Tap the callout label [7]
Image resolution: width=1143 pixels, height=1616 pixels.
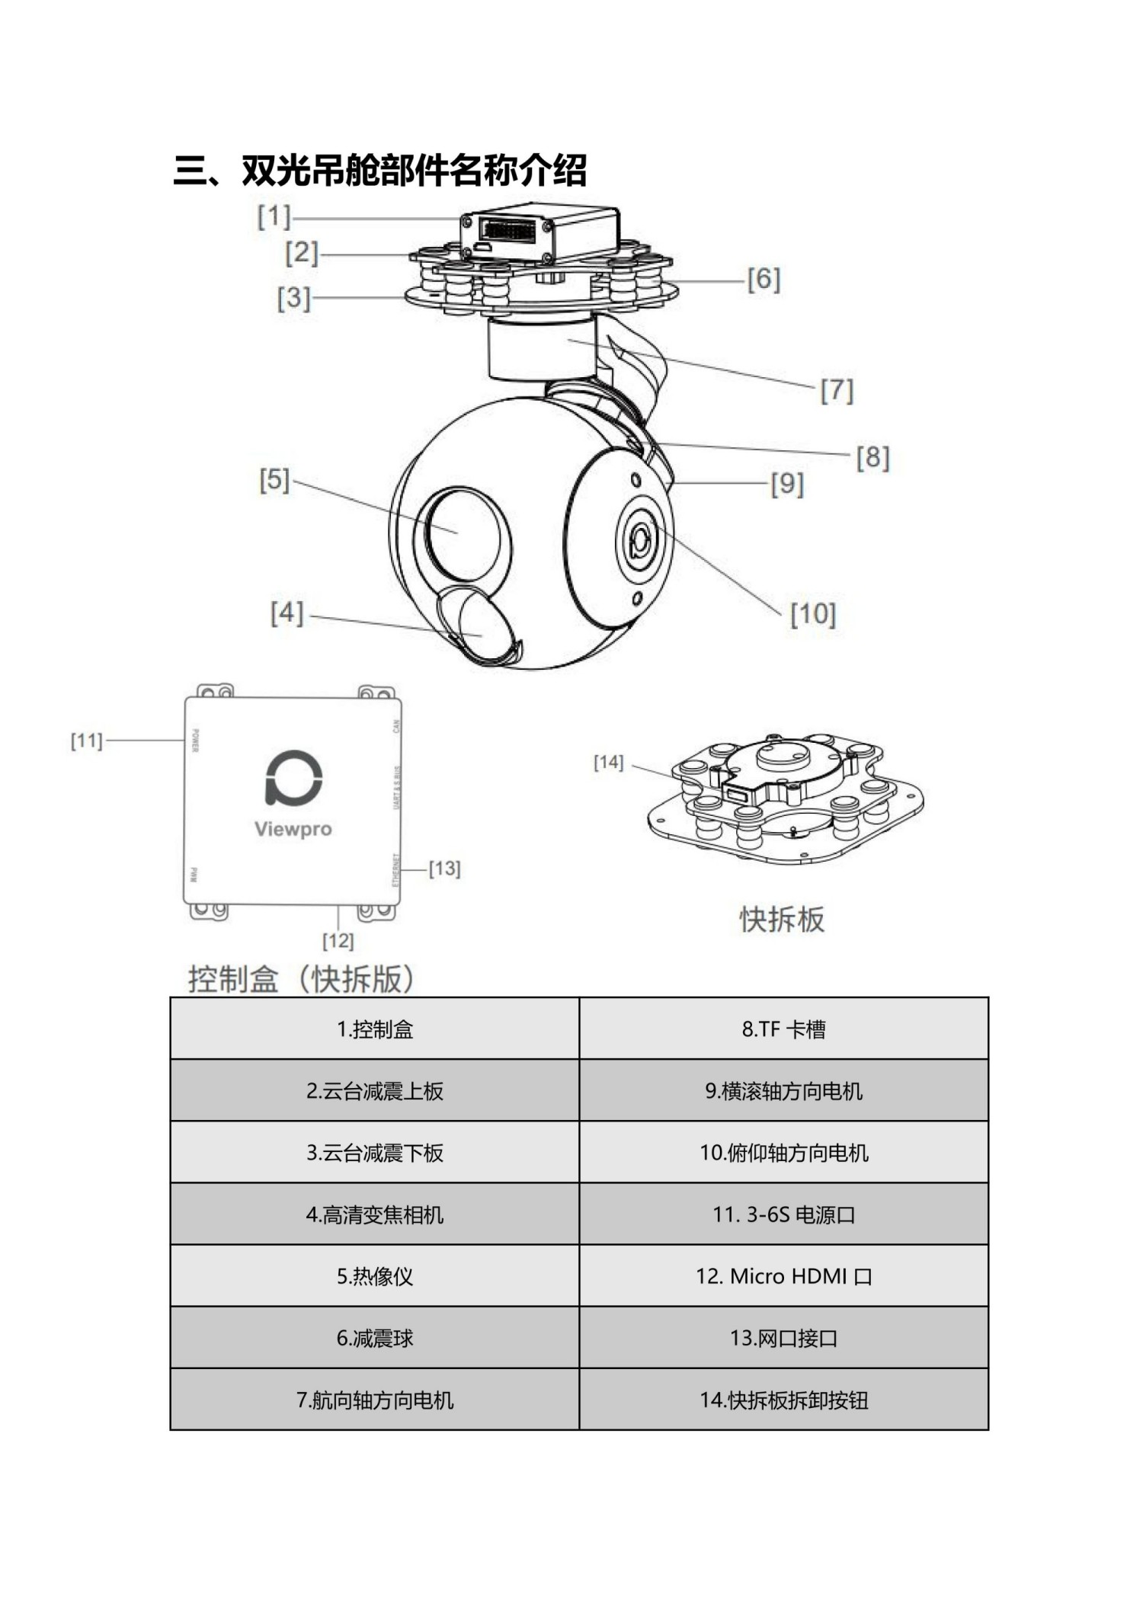[x=837, y=390]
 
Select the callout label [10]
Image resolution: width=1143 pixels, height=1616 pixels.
[x=812, y=613]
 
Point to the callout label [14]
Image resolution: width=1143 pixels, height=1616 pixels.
[x=608, y=762]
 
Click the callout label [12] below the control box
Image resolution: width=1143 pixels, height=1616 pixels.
[x=338, y=940]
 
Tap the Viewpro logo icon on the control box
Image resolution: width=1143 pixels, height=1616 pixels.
[x=293, y=778]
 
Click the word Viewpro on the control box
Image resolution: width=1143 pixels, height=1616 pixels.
[x=293, y=829]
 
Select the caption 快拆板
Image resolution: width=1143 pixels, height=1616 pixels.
[x=782, y=919]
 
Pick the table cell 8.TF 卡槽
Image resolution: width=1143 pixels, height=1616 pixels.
[x=783, y=1029]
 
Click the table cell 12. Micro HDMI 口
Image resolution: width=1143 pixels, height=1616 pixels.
[x=783, y=1276]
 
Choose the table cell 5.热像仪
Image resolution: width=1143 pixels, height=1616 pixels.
[x=374, y=1276]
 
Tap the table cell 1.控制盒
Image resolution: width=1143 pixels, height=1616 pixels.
[x=374, y=1029]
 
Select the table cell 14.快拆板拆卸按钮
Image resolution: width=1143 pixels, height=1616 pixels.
[x=783, y=1400]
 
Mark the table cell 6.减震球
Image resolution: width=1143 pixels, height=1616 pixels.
[x=374, y=1338]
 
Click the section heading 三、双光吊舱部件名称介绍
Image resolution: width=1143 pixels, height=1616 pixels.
[x=379, y=171]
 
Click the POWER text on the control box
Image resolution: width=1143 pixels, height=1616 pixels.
[x=195, y=740]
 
